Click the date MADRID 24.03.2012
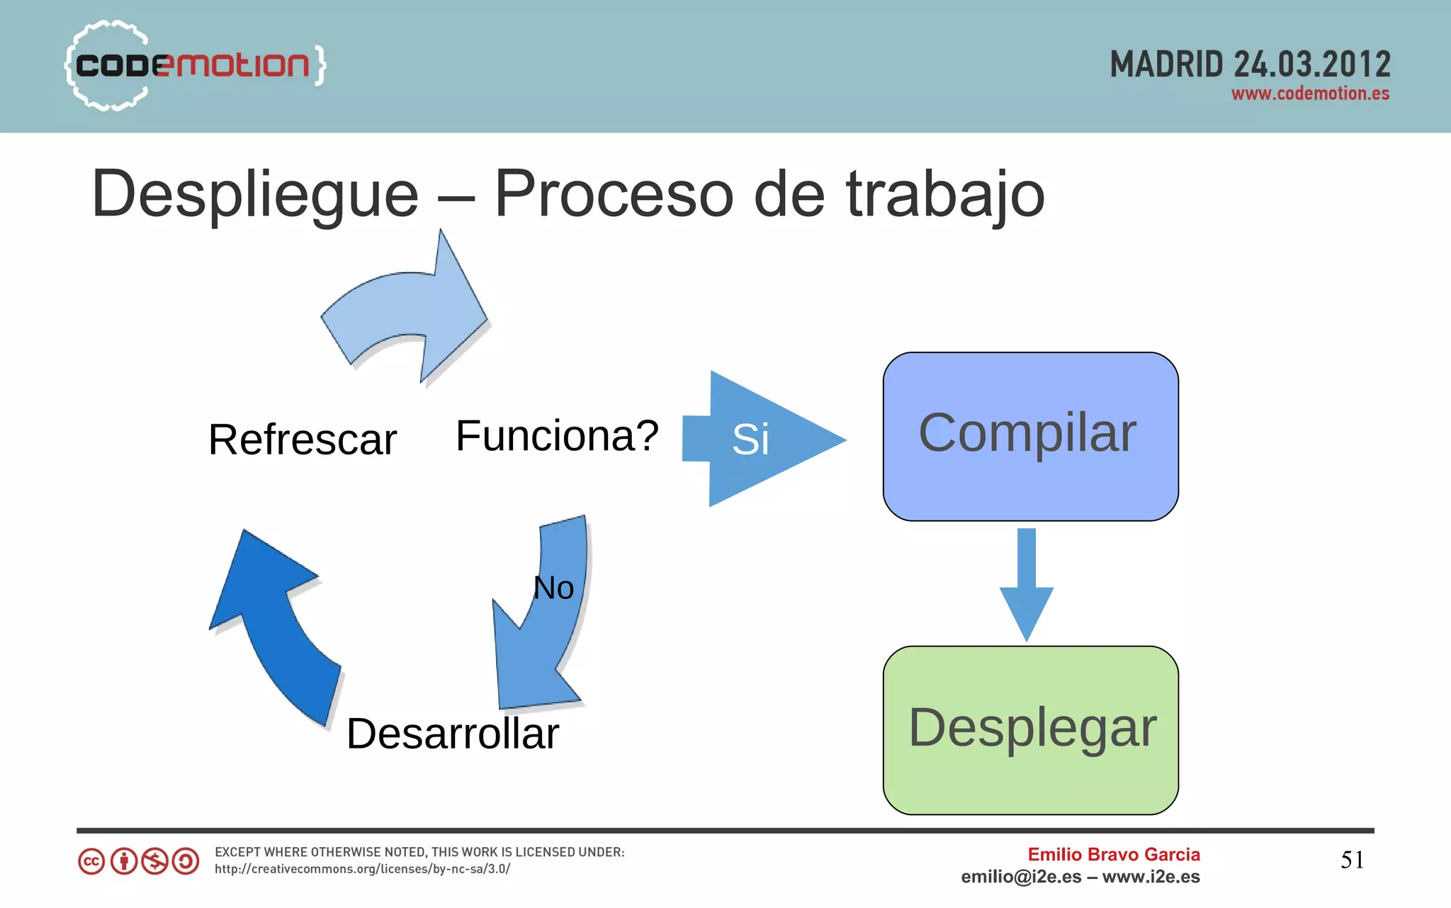tap(1250, 65)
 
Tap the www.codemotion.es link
tap(1310, 94)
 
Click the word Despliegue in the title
tap(255, 194)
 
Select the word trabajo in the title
tap(945, 194)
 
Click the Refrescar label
tap(303, 439)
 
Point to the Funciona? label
tap(557, 436)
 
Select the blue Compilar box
tap(1030, 436)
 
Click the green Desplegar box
tap(1030, 730)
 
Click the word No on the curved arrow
tap(553, 588)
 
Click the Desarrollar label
tap(453, 734)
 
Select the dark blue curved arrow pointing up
tap(273, 624)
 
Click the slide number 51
tap(1352, 860)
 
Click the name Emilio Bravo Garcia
tap(1114, 854)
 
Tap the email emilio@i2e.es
tap(1021, 877)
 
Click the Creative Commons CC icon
tap(91, 861)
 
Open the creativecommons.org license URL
tap(362, 869)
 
